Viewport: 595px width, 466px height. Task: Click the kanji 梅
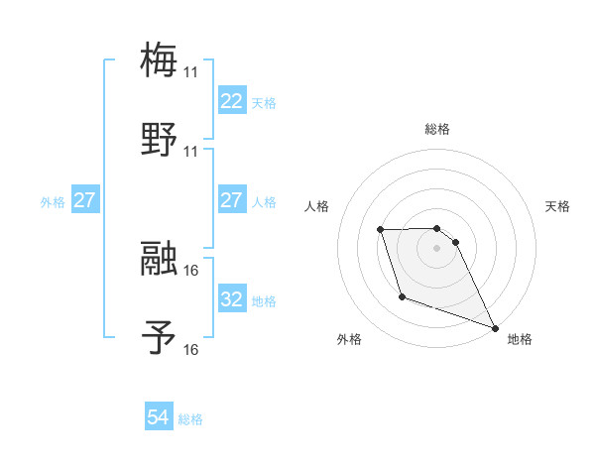coord(159,60)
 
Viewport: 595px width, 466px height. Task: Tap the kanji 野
coord(159,140)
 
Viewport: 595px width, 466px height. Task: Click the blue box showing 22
coord(231,101)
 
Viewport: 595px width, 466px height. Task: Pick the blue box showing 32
coord(231,299)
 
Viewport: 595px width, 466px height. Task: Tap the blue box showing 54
coord(159,418)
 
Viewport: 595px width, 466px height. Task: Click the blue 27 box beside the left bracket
coord(85,200)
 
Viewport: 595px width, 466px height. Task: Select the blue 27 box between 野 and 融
coord(231,200)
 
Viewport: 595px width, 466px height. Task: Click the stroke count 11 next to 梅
coord(190,72)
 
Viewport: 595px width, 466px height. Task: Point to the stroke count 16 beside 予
coord(190,349)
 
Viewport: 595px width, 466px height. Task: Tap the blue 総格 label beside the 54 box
coord(190,419)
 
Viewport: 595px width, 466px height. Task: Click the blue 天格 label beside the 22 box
coord(264,102)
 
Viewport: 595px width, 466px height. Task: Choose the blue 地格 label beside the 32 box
coord(264,300)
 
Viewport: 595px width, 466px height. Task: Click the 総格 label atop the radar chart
coord(437,129)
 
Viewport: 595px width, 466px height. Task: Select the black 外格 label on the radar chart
coord(348,339)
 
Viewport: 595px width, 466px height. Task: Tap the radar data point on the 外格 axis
coord(402,296)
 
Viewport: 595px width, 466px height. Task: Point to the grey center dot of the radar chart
coord(437,248)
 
